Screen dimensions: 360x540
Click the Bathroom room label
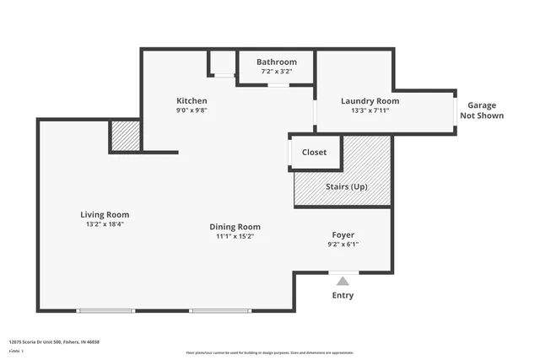(x=277, y=62)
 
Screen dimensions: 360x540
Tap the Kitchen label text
(x=192, y=100)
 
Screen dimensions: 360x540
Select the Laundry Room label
(x=370, y=101)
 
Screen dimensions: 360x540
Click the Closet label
(x=315, y=153)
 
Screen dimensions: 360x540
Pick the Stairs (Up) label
(x=346, y=186)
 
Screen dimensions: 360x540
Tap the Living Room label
(x=105, y=215)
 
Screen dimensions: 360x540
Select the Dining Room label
(x=235, y=227)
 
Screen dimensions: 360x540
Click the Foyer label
(x=343, y=235)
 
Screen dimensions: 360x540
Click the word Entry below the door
(x=343, y=296)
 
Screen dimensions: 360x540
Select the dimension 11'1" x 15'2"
(x=235, y=237)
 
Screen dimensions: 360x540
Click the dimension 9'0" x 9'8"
(x=192, y=110)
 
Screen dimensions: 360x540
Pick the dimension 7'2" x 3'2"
(x=277, y=72)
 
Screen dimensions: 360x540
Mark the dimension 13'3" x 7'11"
(x=370, y=110)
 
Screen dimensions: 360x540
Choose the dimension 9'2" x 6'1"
(x=343, y=245)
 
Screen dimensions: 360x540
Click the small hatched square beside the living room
(x=126, y=136)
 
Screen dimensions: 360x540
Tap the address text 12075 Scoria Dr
(x=54, y=342)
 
